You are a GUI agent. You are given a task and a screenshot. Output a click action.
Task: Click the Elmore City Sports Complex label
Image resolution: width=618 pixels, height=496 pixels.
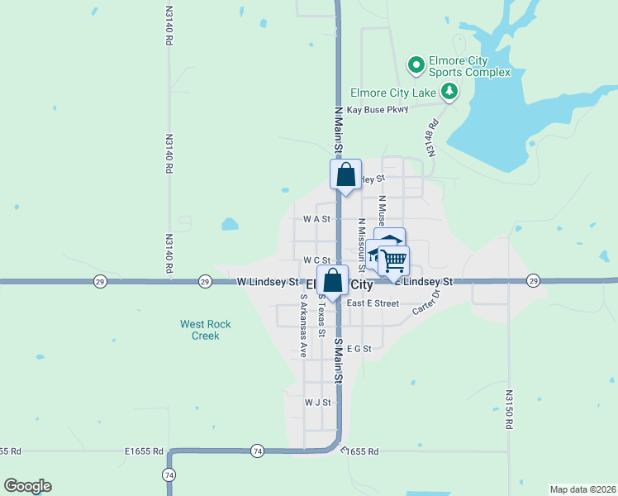(470, 66)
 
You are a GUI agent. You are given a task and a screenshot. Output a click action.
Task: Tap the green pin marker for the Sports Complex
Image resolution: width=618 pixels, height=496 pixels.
(416, 63)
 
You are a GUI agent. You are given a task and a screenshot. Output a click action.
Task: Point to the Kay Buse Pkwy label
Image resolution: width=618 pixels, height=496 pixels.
(378, 110)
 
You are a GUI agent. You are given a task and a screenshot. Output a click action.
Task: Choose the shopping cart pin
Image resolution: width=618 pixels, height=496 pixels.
(394, 260)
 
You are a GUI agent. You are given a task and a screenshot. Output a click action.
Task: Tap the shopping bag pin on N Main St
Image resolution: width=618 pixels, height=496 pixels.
(346, 175)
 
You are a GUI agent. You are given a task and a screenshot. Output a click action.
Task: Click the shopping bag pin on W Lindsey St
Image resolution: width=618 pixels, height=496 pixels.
(332, 281)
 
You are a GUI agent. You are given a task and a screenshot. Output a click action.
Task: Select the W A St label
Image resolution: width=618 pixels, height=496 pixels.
(316, 220)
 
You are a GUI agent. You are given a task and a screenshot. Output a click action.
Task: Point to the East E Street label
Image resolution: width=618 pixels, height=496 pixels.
(373, 303)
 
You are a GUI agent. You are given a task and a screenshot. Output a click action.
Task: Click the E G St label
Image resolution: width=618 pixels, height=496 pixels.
(359, 349)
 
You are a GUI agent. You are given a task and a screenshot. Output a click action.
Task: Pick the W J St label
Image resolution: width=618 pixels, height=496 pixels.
(317, 403)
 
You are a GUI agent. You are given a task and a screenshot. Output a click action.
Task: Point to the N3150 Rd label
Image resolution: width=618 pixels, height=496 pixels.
(509, 410)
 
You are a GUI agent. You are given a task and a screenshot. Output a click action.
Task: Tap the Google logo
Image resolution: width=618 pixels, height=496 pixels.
(27, 486)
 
